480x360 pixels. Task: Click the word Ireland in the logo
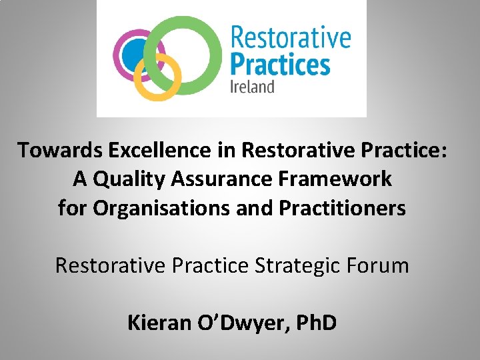point(252,87)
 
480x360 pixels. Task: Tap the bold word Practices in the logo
point(279,65)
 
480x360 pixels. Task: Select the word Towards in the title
point(56,150)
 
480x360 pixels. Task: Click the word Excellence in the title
point(153,150)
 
